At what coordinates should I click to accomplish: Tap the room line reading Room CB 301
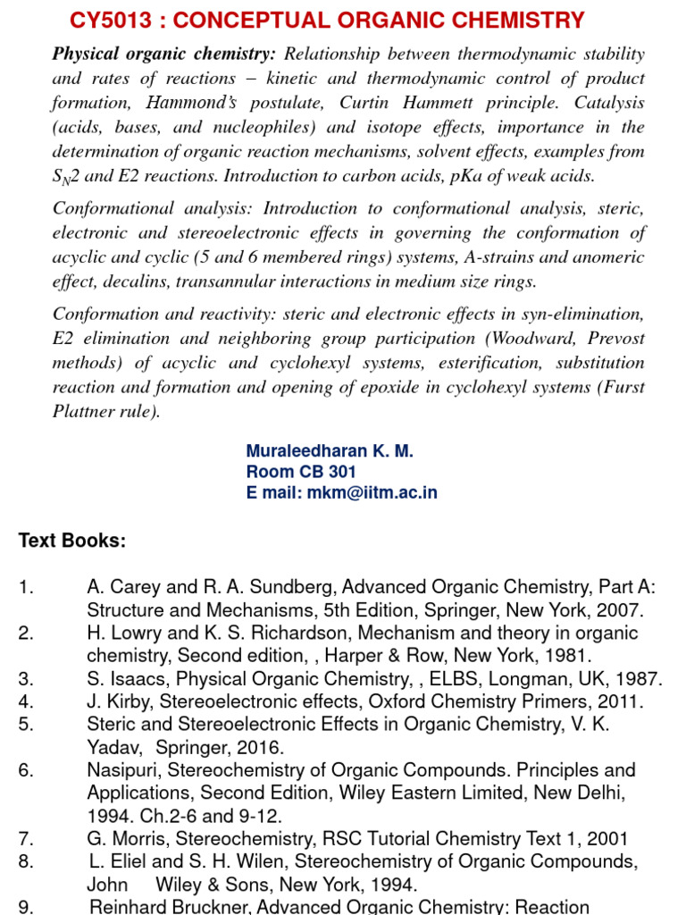tap(301, 472)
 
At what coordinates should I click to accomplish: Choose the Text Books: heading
tap(72, 541)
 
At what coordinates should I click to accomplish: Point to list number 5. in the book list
tap(25, 725)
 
